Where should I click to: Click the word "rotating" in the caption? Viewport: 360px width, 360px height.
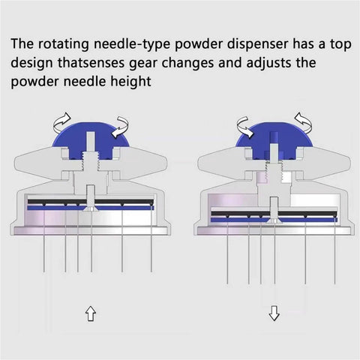64,44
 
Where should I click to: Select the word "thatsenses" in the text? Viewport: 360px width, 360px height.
91,63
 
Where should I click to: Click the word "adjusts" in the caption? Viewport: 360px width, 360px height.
268,63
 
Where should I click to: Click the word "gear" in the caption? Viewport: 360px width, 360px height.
143,64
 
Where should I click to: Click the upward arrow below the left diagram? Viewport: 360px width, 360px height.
91,313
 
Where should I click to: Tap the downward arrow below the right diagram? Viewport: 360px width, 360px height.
274,313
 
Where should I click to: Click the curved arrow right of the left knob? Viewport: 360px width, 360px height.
121,127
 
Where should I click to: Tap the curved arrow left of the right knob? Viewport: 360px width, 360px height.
245,127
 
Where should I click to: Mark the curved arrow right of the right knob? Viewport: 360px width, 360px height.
304,123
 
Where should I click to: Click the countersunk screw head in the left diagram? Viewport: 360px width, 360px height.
91,209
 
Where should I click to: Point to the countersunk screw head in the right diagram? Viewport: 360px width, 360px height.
274,221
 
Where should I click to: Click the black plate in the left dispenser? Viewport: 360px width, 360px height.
91,202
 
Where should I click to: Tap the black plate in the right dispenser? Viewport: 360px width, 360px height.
274,214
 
